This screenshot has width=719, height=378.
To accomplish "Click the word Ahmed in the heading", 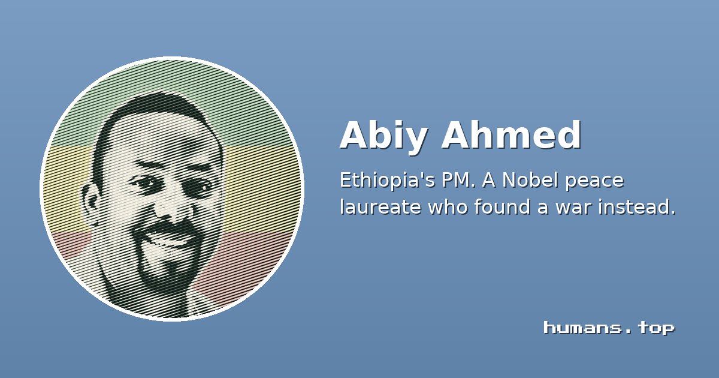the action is pos(511,134).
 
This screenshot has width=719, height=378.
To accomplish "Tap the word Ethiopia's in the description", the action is pos(388,181).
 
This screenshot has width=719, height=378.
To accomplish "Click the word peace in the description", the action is pos(594,182).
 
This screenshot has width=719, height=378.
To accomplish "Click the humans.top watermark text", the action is pos(609,328).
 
